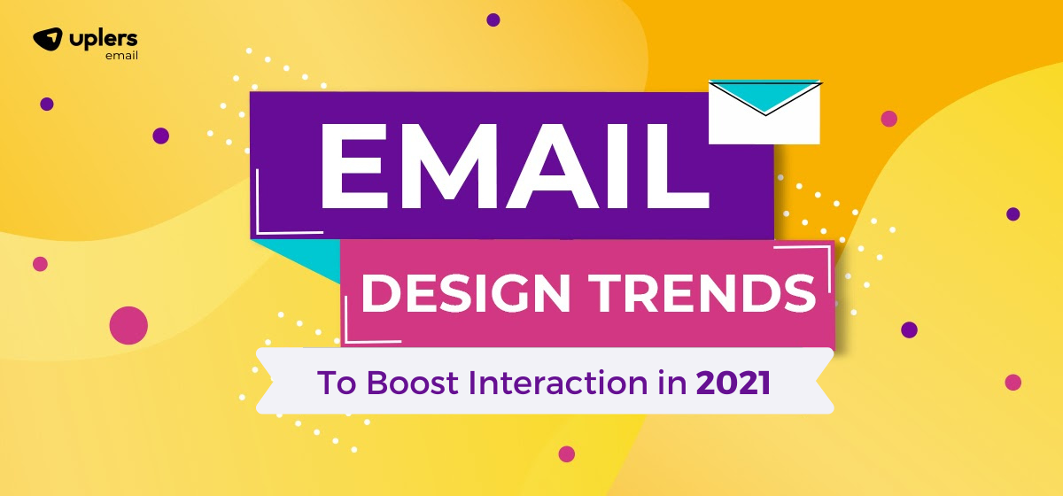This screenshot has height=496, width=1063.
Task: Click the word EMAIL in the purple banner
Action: pyautogui.click(x=516, y=166)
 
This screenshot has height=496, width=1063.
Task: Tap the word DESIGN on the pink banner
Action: pyautogui.click(x=466, y=293)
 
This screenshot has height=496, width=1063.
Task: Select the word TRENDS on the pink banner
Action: pyautogui.click(x=702, y=293)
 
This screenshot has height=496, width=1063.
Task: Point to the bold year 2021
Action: pyautogui.click(x=733, y=383)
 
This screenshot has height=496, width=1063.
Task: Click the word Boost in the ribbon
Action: pyautogui.click(x=413, y=383)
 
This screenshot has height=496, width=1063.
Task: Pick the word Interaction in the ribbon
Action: pyautogui.click(x=558, y=383)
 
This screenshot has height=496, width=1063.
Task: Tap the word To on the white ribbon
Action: pyautogui.click(x=336, y=383)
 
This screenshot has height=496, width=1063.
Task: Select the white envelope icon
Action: pyautogui.click(x=764, y=112)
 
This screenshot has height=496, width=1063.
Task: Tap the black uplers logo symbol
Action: pyautogui.click(x=48, y=39)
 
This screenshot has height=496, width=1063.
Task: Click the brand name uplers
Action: pyautogui.click(x=104, y=38)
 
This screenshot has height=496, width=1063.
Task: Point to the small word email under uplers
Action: pyautogui.click(x=121, y=56)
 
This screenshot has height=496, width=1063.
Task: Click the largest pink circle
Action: pyautogui.click(x=128, y=325)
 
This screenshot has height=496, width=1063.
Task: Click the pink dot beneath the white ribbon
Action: pyautogui.click(x=567, y=453)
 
